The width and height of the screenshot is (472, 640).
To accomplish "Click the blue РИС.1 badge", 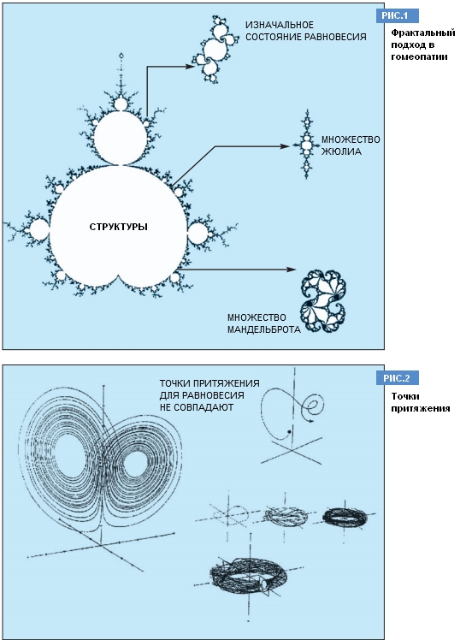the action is tap(397, 16).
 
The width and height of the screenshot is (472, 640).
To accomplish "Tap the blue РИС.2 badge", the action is tap(397, 378).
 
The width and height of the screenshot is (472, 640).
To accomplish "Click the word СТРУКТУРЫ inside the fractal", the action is tap(118, 227).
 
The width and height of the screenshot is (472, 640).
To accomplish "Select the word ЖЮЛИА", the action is tap(341, 151).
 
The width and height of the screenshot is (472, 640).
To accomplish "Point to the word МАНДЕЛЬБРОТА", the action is tap(264, 329).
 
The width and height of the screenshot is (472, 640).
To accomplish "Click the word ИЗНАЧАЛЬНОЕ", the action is tap(280, 25).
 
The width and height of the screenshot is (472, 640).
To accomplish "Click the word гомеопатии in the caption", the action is tap(419, 56).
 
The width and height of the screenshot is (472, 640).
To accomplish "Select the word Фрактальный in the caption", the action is tap(423, 33).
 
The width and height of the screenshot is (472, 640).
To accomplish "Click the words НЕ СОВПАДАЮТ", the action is tap(197, 407).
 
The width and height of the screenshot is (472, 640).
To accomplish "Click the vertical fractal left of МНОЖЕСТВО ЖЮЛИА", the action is tap(306, 144).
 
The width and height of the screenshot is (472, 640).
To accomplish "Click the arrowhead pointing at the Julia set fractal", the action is tap(285, 146).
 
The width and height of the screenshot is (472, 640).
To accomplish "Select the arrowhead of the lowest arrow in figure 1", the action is tap(291, 270).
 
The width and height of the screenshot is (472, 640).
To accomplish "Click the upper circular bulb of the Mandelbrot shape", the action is tap(120, 138).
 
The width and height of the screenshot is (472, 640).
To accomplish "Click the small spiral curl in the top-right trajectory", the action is tap(314, 406).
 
